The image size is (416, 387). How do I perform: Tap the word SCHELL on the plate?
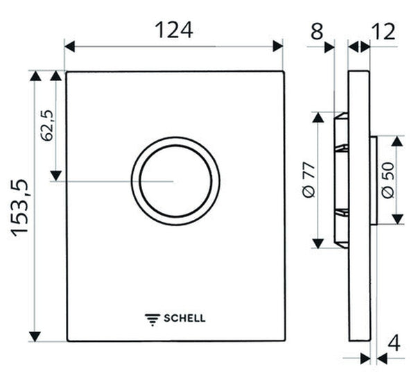[x=184, y=319]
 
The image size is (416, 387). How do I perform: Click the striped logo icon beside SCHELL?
[x=152, y=319]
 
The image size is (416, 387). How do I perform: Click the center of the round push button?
[x=175, y=180]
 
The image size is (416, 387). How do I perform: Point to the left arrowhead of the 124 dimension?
[x=69, y=46]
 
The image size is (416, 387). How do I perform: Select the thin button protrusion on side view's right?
[x=373, y=180]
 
